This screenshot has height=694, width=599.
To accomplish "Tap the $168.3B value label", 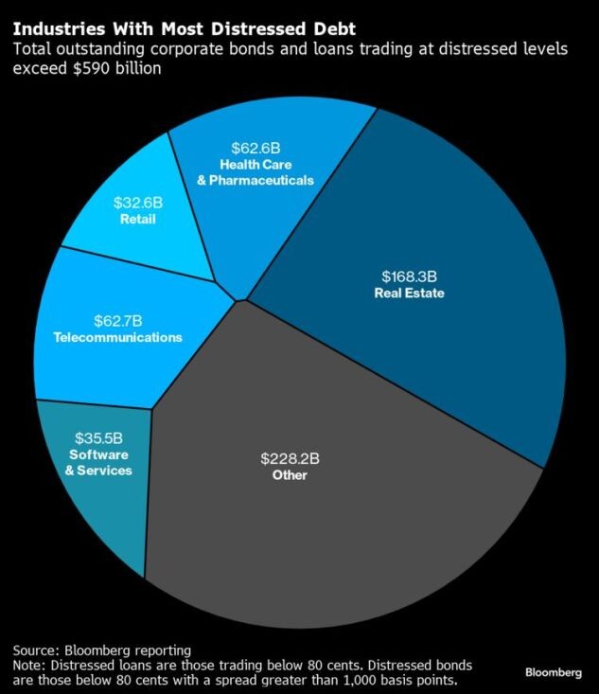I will [408, 276].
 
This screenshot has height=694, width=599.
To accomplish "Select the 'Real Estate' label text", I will [408, 294].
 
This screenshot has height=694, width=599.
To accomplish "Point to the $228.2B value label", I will [290, 458].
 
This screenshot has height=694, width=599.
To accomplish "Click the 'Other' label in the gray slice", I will [290, 475].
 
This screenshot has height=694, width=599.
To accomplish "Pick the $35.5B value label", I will [98, 438].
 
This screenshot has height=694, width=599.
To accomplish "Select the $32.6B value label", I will [137, 203].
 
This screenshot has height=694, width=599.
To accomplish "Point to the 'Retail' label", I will [137, 220].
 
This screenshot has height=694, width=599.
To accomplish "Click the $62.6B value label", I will [255, 148].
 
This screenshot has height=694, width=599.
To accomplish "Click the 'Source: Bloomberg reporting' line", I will [101, 650].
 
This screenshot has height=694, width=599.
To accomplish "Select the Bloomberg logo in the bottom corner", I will [554, 671].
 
